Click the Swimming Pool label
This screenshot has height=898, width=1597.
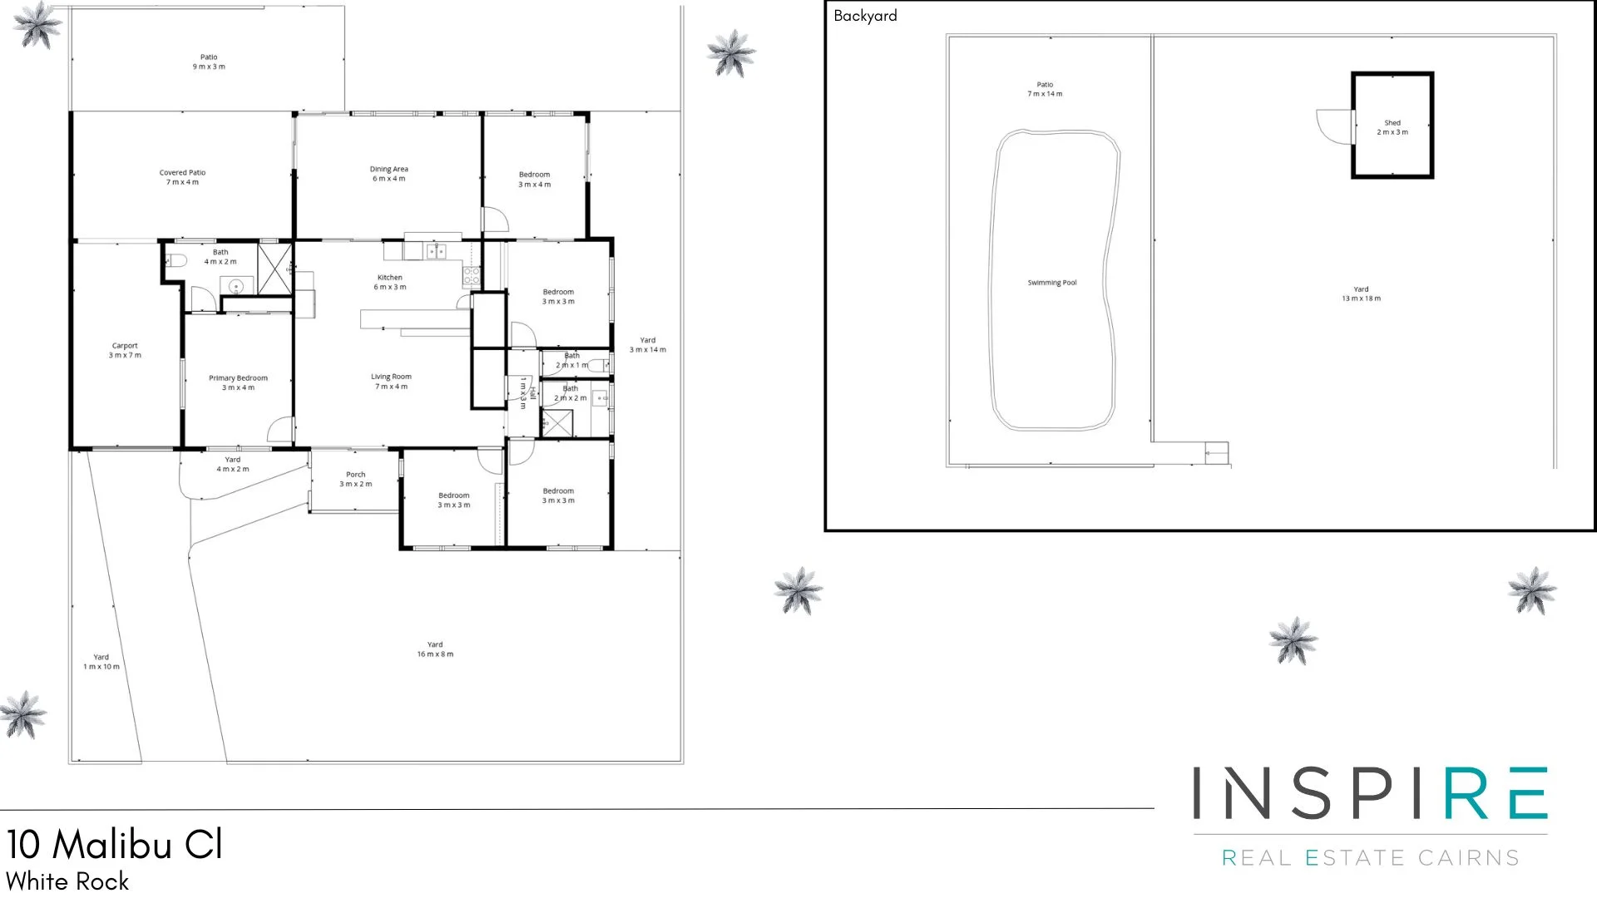[1051, 283]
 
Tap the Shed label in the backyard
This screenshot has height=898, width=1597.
[1392, 127]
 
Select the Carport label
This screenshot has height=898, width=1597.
[125, 350]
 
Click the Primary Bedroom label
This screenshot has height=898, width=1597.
[238, 382]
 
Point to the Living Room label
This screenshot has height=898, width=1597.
[391, 381]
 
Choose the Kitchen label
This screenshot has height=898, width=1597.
[389, 282]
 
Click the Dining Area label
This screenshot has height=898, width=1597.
[388, 174]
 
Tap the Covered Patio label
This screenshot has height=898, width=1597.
[182, 177]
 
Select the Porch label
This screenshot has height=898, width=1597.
[355, 479]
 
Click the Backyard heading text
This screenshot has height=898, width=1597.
[865, 16]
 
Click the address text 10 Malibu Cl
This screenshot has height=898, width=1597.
[115, 845]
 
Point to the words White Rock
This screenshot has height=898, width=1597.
[67, 881]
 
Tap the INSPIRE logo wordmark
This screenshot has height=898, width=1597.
[1370, 794]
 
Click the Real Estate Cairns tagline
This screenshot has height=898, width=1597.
[1370, 857]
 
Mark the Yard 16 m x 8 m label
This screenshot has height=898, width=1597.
[435, 649]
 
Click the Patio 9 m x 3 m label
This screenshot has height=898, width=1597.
[209, 62]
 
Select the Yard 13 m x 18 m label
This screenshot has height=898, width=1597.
[1361, 294]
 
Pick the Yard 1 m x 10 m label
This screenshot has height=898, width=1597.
[101, 662]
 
